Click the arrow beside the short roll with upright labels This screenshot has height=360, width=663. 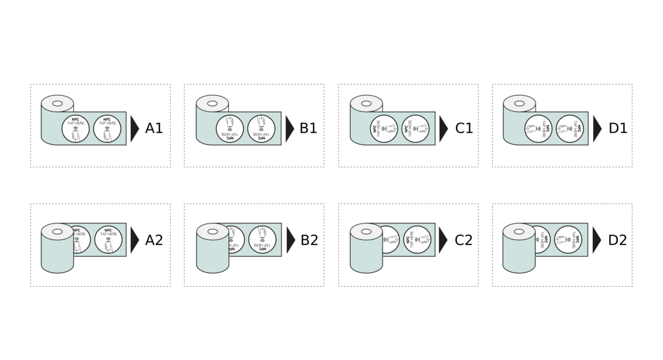[135, 129]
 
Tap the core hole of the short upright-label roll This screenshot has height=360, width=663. [58, 104]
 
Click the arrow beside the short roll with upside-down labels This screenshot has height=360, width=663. [290, 129]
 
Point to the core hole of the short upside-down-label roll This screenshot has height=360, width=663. [212, 104]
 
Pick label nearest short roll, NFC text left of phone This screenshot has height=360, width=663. [385, 129]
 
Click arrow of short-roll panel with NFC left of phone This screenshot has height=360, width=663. [444, 129]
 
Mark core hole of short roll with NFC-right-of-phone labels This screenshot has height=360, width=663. [520, 104]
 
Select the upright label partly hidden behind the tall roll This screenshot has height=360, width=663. [80, 240]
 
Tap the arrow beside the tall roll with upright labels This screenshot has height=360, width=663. [135, 240]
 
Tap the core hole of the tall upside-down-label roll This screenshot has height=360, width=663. [212, 231]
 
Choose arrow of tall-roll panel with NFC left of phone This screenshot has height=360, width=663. [444, 240]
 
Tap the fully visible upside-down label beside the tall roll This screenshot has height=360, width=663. [262, 240]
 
